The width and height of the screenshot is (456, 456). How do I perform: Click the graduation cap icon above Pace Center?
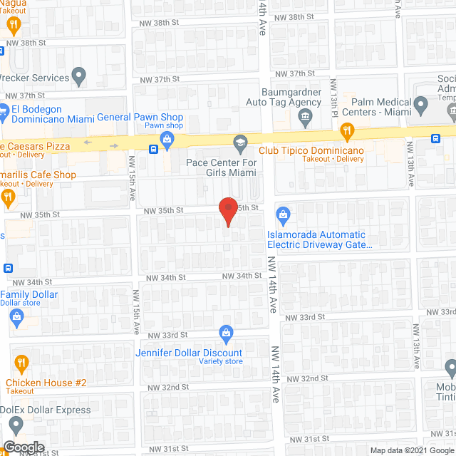pyautogui.click(x=240, y=144)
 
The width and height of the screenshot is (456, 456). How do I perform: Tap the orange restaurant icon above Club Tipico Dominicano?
pyautogui.click(x=347, y=130)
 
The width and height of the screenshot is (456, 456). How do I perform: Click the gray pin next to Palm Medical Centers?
pyautogui.click(x=420, y=106)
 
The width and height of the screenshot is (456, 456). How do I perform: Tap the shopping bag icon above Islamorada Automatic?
pyautogui.click(x=283, y=214)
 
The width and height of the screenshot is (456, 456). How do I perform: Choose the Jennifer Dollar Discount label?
pyautogui.click(x=189, y=353)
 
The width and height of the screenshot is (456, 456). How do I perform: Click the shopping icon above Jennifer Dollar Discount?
pyautogui.click(x=226, y=332)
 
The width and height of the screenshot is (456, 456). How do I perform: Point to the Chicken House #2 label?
pyautogui.click(x=46, y=383)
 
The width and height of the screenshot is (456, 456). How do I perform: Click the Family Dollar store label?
pyautogui.click(x=29, y=294)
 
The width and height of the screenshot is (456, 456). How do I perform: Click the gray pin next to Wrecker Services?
pyautogui.click(x=79, y=75)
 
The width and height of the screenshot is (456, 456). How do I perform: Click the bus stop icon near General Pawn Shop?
pyautogui.click(x=153, y=149)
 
